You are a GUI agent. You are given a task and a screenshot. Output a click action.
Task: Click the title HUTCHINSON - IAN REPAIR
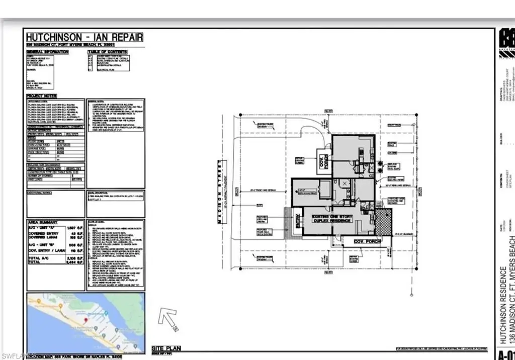(84, 37)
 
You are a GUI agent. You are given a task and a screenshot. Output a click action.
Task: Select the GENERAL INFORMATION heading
(47, 52)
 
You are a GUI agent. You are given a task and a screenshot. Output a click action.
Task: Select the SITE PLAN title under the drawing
(166, 348)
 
